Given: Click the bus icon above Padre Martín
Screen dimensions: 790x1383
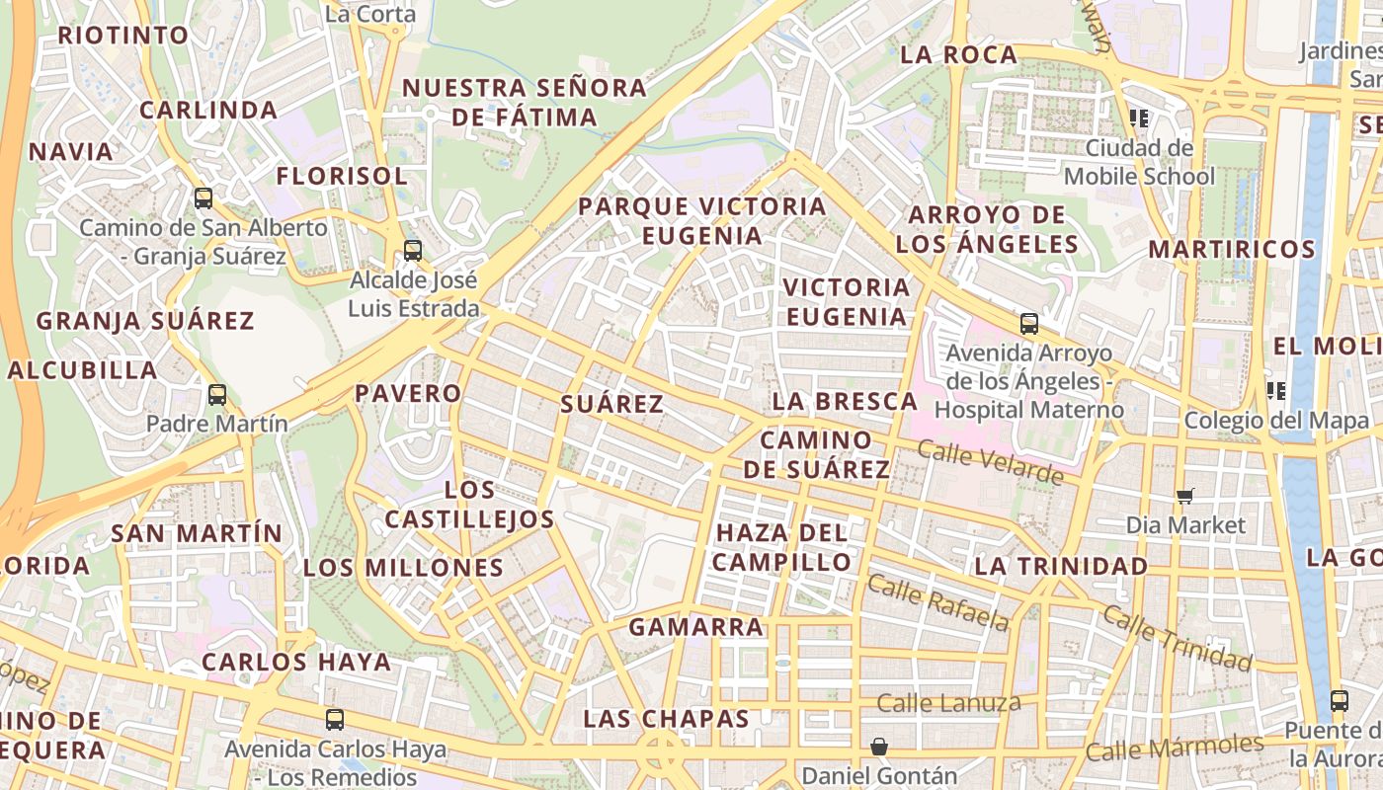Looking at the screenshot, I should (x=217, y=395).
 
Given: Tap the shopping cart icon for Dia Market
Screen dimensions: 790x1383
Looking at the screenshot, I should (x=1185, y=496).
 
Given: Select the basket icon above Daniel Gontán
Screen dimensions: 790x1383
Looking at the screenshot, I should (x=878, y=747).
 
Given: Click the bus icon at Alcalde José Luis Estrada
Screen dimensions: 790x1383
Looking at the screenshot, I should (x=413, y=251).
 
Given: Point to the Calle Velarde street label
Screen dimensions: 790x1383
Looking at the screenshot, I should (x=990, y=463).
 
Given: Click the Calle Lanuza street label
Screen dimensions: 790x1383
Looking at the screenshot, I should (x=948, y=703).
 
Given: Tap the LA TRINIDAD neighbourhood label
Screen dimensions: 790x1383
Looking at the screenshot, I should (x=1061, y=567).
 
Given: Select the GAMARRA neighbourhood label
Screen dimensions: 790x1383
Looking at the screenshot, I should (x=696, y=627).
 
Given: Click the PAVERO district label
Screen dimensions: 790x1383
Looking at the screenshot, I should (x=408, y=393).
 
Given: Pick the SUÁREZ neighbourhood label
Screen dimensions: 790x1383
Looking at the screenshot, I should (x=611, y=404).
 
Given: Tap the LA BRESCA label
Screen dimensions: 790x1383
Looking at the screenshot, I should (x=845, y=401).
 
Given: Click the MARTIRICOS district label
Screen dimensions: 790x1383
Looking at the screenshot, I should (x=1231, y=249).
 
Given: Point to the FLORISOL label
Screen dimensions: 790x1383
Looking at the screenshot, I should (x=341, y=177).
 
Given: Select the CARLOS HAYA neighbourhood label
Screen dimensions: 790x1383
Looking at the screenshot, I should (x=296, y=662).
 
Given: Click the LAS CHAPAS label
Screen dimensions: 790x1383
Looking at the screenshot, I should (x=666, y=719).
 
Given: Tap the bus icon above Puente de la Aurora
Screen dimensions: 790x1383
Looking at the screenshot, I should (x=1339, y=701).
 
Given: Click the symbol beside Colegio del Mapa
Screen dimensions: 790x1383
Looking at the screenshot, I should (x=1276, y=391).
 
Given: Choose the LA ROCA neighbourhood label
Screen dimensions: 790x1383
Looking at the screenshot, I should (x=958, y=55).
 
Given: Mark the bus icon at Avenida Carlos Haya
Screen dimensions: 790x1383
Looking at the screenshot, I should (x=335, y=720).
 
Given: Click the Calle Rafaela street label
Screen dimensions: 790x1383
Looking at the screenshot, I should (x=938, y=602).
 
